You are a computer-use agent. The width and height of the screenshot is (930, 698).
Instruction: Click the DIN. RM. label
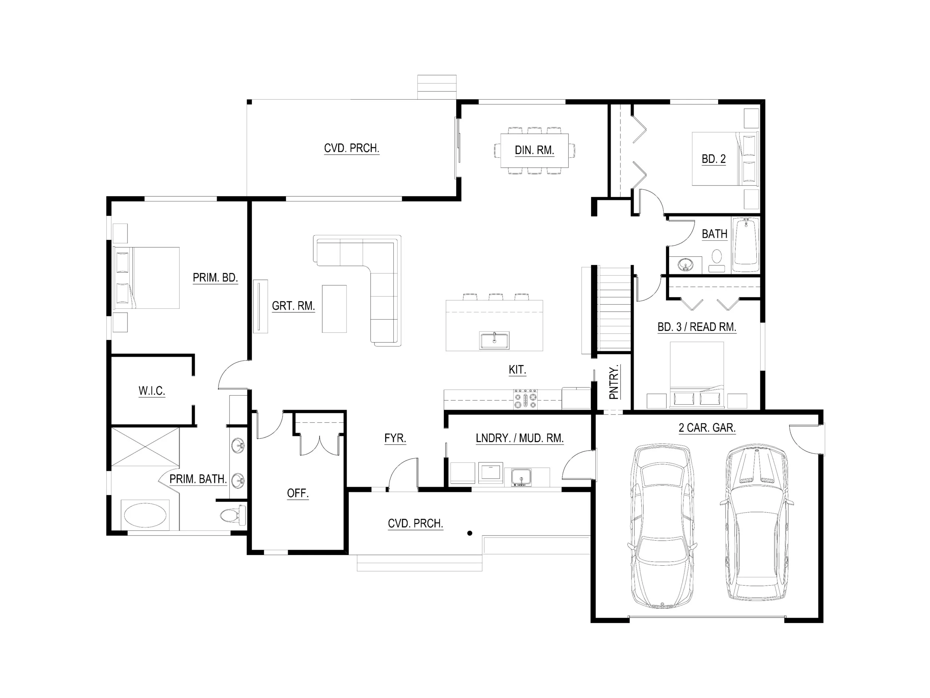(534, 150)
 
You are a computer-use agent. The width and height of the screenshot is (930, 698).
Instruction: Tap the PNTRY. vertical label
(614, 382)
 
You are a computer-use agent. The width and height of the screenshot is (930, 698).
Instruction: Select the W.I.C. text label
(151, 391)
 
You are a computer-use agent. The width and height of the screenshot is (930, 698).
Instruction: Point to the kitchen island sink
(494, 340)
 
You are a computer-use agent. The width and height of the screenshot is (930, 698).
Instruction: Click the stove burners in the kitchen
(525, 399)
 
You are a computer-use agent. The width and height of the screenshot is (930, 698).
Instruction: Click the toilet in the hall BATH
(716, 259)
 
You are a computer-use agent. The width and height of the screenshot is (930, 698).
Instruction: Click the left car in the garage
(662, 526)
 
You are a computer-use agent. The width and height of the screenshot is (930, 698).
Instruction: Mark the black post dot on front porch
(470, 533)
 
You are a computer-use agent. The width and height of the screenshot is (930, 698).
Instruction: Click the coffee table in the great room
(334, 309)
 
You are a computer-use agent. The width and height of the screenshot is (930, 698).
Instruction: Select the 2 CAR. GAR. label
(707, 428)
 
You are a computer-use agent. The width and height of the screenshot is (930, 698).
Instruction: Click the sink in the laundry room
(521, 478)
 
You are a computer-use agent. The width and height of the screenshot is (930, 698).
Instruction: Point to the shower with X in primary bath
(145, 447)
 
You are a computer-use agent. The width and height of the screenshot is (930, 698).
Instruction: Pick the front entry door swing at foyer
(403, 476)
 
